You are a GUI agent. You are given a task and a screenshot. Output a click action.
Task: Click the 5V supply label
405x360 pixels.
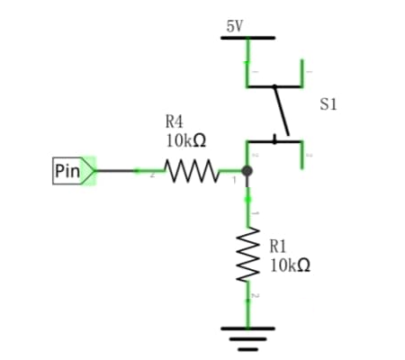[x=234, y=26]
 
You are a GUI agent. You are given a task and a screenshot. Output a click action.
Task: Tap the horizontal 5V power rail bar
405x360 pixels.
[x=247, y=38]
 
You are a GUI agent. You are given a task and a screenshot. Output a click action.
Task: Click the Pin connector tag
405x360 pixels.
[x=74, y=171]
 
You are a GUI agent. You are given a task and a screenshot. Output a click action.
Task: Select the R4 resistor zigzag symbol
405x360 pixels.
[x=192, y=171]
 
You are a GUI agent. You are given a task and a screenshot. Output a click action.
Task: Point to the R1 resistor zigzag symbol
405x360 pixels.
[x=247, y=255]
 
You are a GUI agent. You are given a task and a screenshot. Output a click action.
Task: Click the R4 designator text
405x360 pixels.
[x=174, y=121]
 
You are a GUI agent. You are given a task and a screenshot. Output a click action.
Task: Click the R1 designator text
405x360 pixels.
[x=278, y=247]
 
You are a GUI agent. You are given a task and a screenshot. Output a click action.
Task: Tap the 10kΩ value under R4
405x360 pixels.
[x=186, y=140]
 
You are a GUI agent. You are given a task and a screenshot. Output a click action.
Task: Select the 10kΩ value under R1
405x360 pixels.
[x=290, y=265]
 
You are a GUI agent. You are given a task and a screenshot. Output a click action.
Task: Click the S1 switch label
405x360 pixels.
[x=328, y=104]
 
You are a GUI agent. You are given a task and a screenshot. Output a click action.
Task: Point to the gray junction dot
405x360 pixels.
[x=247, y=171]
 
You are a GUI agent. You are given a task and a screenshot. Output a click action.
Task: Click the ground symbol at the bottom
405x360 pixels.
[x=247, y=339]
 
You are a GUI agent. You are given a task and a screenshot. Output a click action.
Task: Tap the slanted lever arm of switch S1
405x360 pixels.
[x=282, y=111]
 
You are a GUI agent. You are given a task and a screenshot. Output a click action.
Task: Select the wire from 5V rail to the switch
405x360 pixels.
[x=247, y=63]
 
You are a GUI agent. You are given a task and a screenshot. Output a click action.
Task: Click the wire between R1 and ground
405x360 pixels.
[x=247, y=304]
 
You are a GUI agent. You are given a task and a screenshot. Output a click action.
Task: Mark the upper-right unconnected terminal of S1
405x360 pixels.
[x=301, y=73]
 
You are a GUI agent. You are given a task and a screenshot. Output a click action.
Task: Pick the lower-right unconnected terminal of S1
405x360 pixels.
[x=301, y=155]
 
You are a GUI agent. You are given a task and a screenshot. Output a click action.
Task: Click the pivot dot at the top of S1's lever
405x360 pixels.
[x=274, y=86]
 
